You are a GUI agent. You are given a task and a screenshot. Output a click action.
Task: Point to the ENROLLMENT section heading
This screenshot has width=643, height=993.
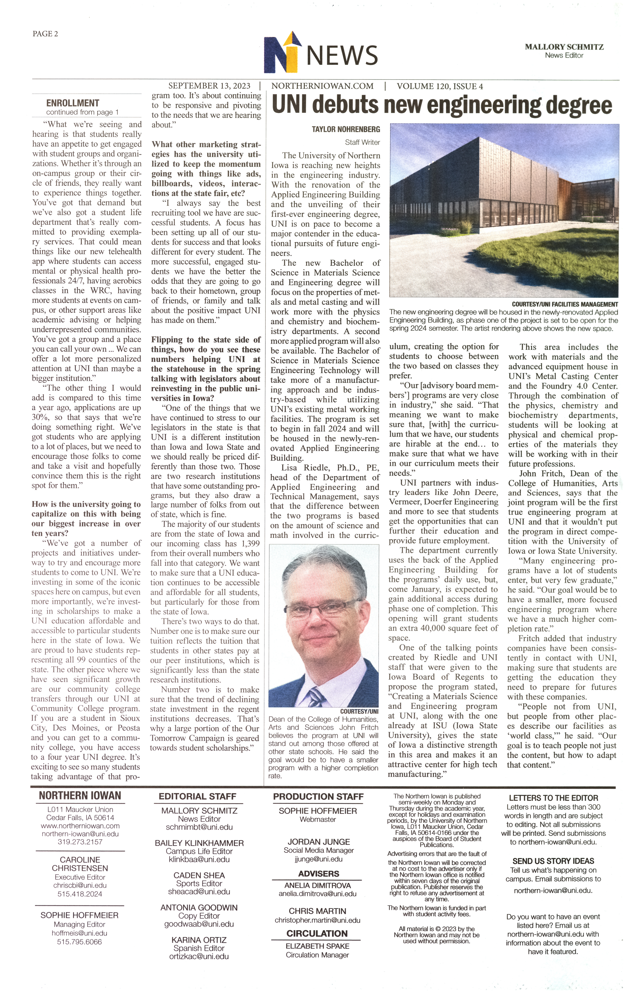(73, 103)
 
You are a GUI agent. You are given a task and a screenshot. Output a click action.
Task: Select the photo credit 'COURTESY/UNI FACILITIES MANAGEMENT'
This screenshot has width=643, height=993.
(565, 304)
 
